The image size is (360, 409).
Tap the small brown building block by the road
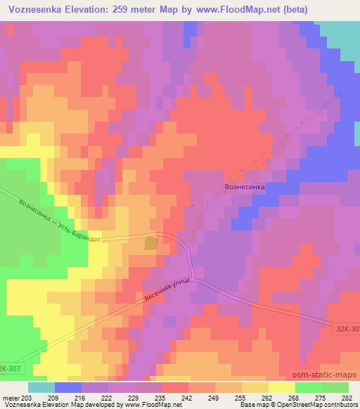pyautogui.click(x=150, y=244)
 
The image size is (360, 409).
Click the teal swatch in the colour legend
pyautogui.click(x=41, y=387)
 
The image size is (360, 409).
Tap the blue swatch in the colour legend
pyautogui.click(x=68, y=387)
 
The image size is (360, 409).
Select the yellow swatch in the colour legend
pyautogui.click(x=281, y=387)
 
